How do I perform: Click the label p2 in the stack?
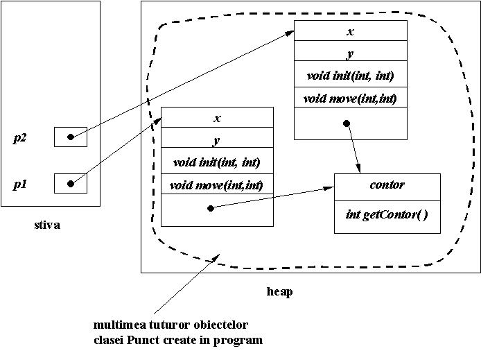click(20, 137)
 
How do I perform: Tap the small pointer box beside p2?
click(71, 137)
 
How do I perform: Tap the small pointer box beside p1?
click(71, 184)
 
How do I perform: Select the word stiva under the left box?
click(47, 225)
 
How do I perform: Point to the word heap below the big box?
click(279, 291)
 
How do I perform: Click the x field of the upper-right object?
click(350, 31)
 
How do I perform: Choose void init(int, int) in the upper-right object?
click(350, 76)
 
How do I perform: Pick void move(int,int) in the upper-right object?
click(350, 98)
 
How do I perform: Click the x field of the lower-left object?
click(217, 118)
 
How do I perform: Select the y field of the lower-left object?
click(217, 139)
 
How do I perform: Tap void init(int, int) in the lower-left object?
click(217, 162)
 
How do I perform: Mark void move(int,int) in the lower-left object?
click(217, 185)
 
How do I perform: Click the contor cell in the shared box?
click(387, 185)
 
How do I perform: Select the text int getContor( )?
click(387, 214)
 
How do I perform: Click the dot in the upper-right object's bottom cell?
click(347, 123)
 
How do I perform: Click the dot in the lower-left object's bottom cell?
click(211, 207)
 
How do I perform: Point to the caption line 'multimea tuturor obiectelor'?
click(170, 325)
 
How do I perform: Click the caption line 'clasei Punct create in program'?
click(178, 340)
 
